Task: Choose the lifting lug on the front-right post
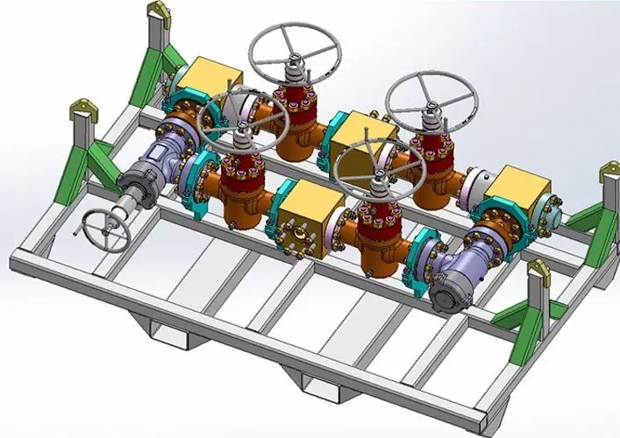pyautogui.click(x=538, y=263)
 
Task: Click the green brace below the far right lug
pyautogui.click(x=586, y=219)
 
